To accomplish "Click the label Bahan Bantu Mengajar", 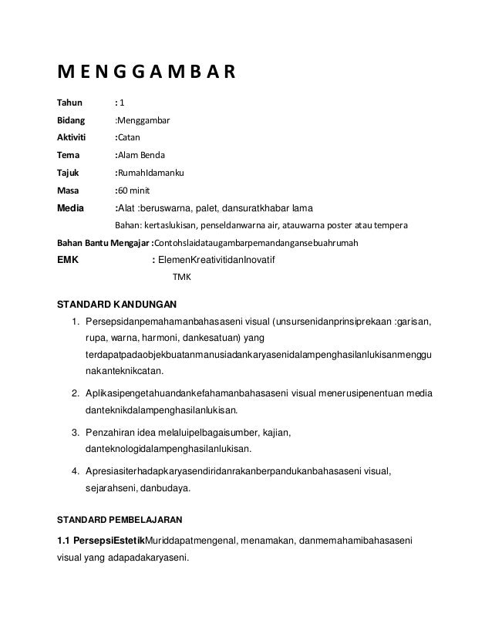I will (104, 244).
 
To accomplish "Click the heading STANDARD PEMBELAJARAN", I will (122, 511).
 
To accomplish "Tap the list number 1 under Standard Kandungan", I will (74, 321).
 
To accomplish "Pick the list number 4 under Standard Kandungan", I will (74, 470).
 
